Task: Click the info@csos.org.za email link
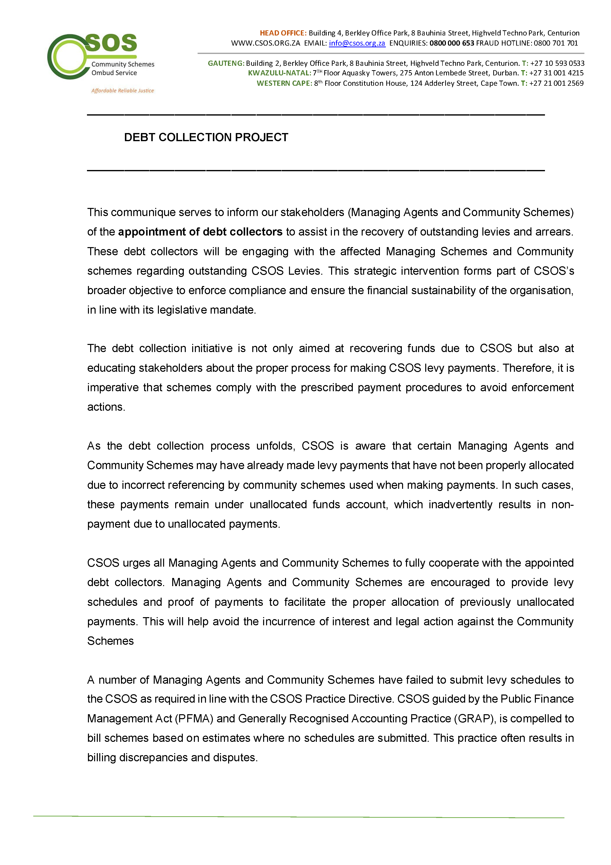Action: (357, 43)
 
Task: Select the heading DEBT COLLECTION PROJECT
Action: (206, 137)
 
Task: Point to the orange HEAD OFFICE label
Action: (283, 33)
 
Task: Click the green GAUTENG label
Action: (226, 63)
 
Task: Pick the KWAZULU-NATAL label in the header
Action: (279, 73)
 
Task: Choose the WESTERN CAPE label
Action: (284, 83)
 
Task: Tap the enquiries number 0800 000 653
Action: (452, 43)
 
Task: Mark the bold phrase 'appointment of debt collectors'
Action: (200, 232)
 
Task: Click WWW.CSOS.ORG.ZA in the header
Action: (266, 43)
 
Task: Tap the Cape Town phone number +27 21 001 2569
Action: (556, 83)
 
